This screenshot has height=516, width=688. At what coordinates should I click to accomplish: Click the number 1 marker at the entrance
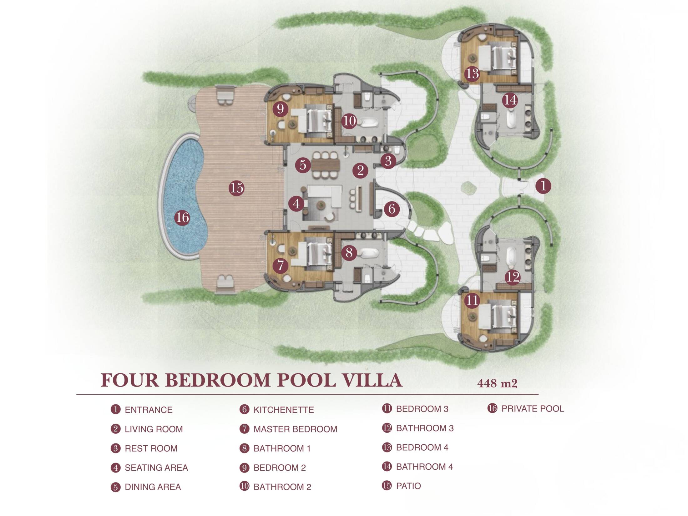(x=543, y=186)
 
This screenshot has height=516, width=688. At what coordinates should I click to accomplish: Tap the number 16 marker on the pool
(x=182, y=217)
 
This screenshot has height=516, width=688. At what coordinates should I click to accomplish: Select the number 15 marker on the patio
(x=236, y=188)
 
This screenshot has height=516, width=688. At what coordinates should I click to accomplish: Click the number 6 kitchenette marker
(x=392, y=209)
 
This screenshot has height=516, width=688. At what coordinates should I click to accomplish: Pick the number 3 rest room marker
(x=388, y=161)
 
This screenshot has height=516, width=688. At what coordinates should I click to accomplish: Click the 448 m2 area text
(x=497, y=383)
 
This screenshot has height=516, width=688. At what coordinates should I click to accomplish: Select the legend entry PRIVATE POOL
(x=533, y=408)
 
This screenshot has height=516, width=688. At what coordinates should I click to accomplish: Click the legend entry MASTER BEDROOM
(x=295, y=429)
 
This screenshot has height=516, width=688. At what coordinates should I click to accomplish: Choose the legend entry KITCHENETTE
(x=284, y=410)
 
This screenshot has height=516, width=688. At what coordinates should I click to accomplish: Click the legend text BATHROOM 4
(x=424, y=467)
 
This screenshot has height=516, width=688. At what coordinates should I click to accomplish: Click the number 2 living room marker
(x=360, y=170)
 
